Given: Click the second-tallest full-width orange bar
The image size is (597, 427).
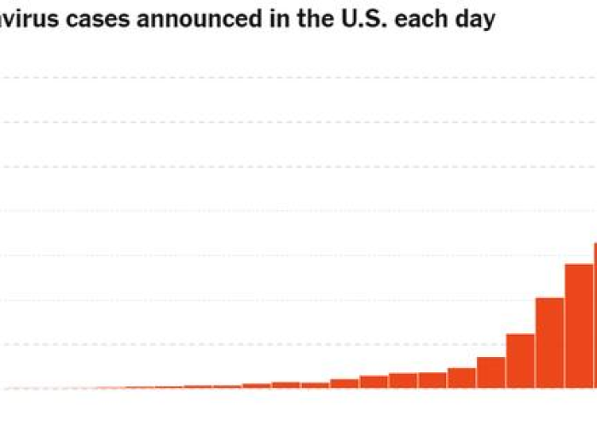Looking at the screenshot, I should point(550,342).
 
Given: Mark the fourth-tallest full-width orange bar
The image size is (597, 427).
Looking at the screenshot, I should point(491,372).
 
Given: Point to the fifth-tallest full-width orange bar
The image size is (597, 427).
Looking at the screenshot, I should point(461,377).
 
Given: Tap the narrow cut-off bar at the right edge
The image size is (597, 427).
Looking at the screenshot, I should point(595,316).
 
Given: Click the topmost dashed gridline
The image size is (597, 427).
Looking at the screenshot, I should point(256,78).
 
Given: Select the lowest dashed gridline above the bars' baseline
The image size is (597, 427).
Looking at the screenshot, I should point(256,344).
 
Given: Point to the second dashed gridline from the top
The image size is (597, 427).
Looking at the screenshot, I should point(256,122).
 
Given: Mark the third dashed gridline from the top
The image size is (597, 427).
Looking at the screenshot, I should point(256,167).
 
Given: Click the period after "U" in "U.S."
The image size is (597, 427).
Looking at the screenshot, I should point(372,26).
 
